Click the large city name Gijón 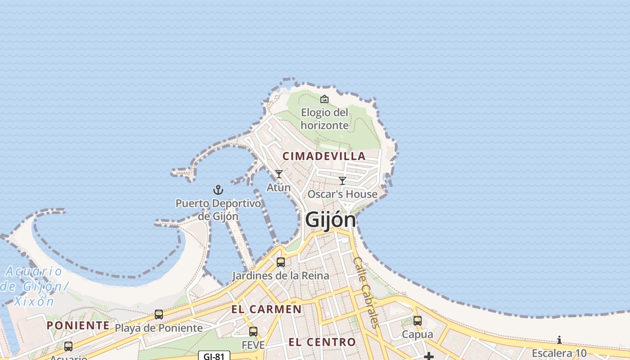coord(331,220)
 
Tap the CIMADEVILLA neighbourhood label coord(324,156)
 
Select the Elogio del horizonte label coord(324,119)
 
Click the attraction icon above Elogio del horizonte coord(324,99)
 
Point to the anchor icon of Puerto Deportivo coord(218,190)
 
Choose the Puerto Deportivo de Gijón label coord(218,210)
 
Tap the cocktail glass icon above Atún coord(279,174)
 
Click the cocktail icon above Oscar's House coord(342,181)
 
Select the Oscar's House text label coord(342,194)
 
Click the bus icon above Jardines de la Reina coord(281,262)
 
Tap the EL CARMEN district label coord(266,309)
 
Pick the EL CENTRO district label coord(322,342)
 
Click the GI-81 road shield coord(214,356)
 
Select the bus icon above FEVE coord(253,332)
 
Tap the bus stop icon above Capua coord(418,321)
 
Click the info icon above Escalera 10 coord(559,340)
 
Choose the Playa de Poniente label coord(159,328)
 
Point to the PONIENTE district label coord(78,325)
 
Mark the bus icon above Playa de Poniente coord(159,315)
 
